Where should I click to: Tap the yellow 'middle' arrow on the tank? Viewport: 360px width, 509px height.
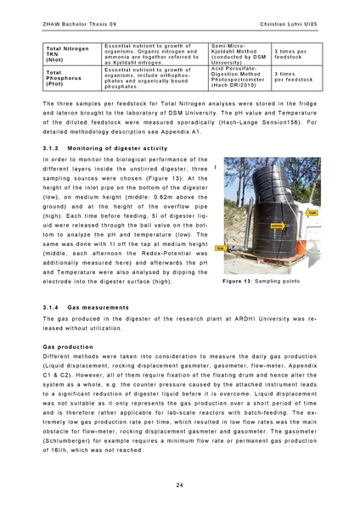click(277, 227)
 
